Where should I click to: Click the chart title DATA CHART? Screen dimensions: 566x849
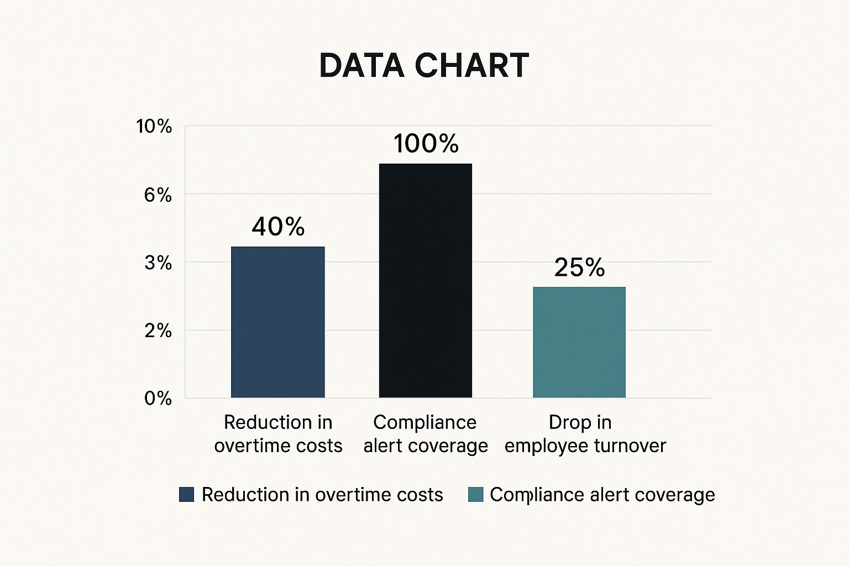click(x=424, y=66)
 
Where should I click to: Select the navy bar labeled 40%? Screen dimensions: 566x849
click(x=277, y=322)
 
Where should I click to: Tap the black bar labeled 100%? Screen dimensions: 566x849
click(x=425, y=280)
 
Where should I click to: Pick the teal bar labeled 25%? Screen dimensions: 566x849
click(x=579, y=342)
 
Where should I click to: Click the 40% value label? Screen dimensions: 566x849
click(x=278, y=227)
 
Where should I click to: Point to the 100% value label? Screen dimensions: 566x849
click(x=426, y=144)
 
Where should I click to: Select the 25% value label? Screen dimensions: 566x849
click(x=579, y=268)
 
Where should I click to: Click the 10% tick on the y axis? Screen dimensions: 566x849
click(x=154, y=127)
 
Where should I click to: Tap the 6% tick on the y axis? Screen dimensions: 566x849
click(x=158, y=195)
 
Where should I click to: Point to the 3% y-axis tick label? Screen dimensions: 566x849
click(x=158, y=263)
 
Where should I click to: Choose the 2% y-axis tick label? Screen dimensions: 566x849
click(x=158, y=331)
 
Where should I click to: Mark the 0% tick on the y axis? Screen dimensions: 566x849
click(x=158, y=398)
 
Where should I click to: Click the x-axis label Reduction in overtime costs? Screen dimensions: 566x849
click(x=278, y=434)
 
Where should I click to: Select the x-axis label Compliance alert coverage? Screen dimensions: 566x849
click(x=425, y=434)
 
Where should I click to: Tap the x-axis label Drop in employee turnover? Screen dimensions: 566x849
click(x=585, y=434)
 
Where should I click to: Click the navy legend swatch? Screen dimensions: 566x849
click(x=187, y=495)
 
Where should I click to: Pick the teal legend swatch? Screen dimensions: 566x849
click(x=475, y=495)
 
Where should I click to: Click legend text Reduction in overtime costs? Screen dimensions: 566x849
click(x=322, y=495)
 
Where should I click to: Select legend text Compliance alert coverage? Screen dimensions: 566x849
click(x=602, y=495)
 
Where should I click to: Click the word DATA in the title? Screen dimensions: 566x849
click(x=362, y=66)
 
